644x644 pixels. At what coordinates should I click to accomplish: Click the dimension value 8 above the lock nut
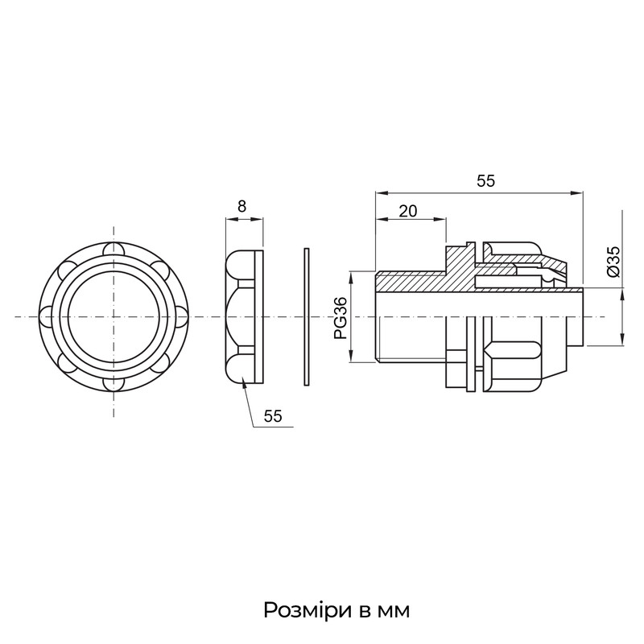(242, 206)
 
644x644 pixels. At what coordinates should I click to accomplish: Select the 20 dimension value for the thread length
(408, 211)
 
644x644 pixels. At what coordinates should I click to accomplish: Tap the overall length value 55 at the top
(486, 181)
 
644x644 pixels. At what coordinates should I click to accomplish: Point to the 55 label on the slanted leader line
(273, 416)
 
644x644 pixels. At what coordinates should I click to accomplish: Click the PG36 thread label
(341, 317)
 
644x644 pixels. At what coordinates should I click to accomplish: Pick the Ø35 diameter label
(613, 262)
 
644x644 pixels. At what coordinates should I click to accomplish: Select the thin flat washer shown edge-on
(307, 316)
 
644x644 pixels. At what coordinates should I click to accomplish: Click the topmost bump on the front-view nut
(114, 250)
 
